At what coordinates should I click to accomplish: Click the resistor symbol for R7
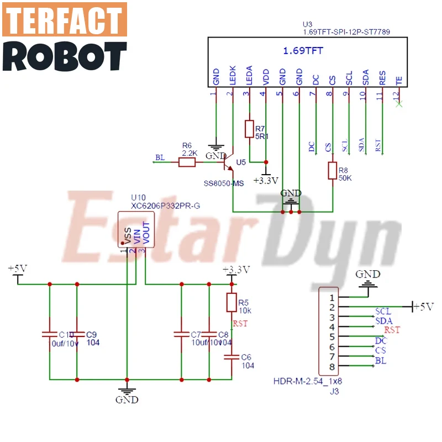249,129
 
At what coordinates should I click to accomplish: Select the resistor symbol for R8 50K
333,171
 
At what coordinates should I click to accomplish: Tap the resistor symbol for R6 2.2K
187,162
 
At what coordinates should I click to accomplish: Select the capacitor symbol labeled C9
77,334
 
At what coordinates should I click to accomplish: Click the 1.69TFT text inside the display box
303,51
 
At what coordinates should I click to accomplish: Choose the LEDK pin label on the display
233,77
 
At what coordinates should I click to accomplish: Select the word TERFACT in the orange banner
65,20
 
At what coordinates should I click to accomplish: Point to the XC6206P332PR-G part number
165,206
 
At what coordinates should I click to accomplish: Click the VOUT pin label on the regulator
146,232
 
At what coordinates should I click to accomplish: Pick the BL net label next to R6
160,158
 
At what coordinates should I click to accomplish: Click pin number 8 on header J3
331,367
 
